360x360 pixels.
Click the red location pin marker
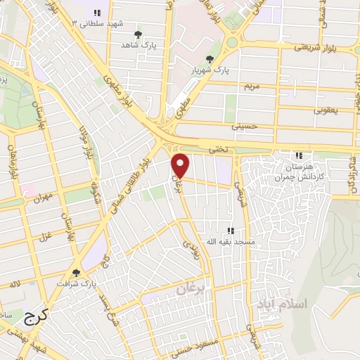[x=181, y=165]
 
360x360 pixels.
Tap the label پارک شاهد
[x=137, y=44]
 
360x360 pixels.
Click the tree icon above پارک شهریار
[x=209, y=59]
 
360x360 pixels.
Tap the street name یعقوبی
[x=325, y=110]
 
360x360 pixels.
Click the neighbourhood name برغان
[x=189, y=288]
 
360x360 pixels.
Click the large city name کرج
[x=34, y=319]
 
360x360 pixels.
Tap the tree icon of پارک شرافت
[x=76, y=273]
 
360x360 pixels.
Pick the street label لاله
[x=15, y=283]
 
